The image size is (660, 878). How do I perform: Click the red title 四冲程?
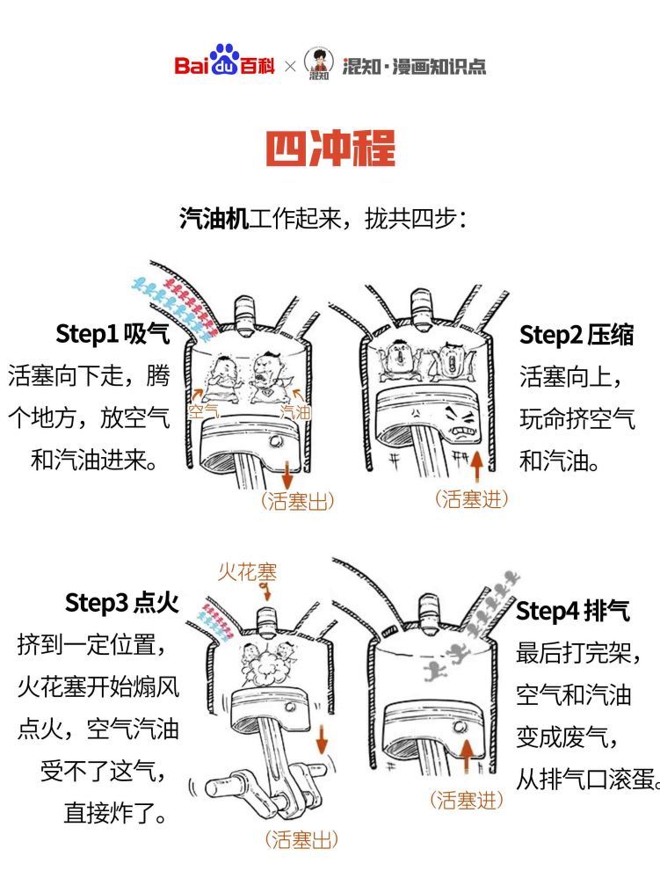pyautogui.click(x=330, y=149)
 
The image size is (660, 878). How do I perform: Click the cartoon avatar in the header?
pyautogui.click(x=318, y=63)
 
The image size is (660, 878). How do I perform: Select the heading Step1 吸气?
pyautogui.click(x=112, y=334)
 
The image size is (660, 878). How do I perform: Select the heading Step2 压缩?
pyautogui.click(x=577, y=335)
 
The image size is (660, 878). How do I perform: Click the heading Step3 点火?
pyautogui.click(x=122, y=603)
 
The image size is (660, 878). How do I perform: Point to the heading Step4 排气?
pyautogui.click(x=573, y=610)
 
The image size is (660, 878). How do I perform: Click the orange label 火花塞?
pyautogui.click(x=247, y=572)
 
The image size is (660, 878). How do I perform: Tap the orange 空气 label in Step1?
pyautogui.click(x=203, y=411)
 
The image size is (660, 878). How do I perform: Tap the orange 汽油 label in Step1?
pyautogui.click(x=295, y=412)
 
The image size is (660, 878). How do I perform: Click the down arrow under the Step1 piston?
pyautogui.click(x=287, y=475)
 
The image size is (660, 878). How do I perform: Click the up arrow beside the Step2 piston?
pyautogui.click(x=476, y=467)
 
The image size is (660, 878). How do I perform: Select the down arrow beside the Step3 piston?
pyautogui.click(x=322, y=739)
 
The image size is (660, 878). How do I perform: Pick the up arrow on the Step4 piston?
pyautogui.click(x=467, y=755)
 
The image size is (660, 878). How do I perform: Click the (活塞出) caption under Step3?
pyautogui.click(x=301, y=840)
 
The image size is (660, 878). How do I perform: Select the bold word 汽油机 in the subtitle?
pyautogui.click(x=214, y=218)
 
